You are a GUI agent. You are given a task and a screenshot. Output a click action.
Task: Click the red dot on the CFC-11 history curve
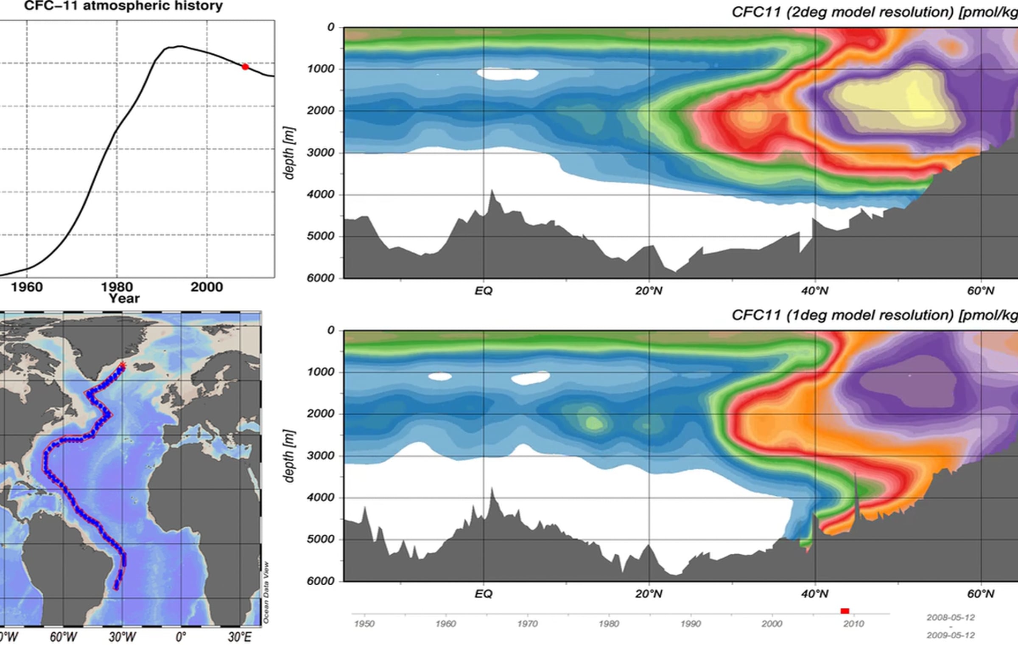coord(245,67)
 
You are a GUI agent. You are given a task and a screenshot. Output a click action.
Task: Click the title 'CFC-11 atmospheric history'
coord(123,6)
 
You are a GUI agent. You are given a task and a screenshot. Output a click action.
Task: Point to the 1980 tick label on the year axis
coord(117,287)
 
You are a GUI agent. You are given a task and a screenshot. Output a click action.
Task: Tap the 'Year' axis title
coord(124,298)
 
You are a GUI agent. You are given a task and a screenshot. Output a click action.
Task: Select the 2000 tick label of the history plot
coord(207,287)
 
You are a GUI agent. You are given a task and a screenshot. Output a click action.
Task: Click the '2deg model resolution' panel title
coord(874,12)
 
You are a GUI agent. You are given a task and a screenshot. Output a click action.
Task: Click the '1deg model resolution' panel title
coord(874,315)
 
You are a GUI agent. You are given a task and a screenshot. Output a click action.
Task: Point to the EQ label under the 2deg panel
coord(483,291)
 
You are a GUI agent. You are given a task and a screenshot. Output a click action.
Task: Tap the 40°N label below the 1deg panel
coord(814,594)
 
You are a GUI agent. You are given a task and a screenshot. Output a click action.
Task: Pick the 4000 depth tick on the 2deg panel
coord(321,194)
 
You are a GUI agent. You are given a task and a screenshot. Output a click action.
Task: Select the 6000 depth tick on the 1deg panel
coord(321,581)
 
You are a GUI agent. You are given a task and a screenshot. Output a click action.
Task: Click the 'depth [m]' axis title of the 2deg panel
coord(289,153)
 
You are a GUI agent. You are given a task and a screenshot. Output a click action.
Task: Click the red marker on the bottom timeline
coord(845,611)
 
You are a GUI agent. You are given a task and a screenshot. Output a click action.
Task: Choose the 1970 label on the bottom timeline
coord(527,624)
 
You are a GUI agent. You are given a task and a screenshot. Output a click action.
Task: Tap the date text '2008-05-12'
coord(951,617)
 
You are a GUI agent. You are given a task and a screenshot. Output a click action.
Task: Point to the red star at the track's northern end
coord(123,365)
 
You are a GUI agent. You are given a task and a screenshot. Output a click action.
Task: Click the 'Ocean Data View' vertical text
coord(266,592)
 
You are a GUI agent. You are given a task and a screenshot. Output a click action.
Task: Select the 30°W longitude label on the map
coord(123,637)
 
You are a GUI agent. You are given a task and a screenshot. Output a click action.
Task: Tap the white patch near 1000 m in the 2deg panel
coord(507,74)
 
